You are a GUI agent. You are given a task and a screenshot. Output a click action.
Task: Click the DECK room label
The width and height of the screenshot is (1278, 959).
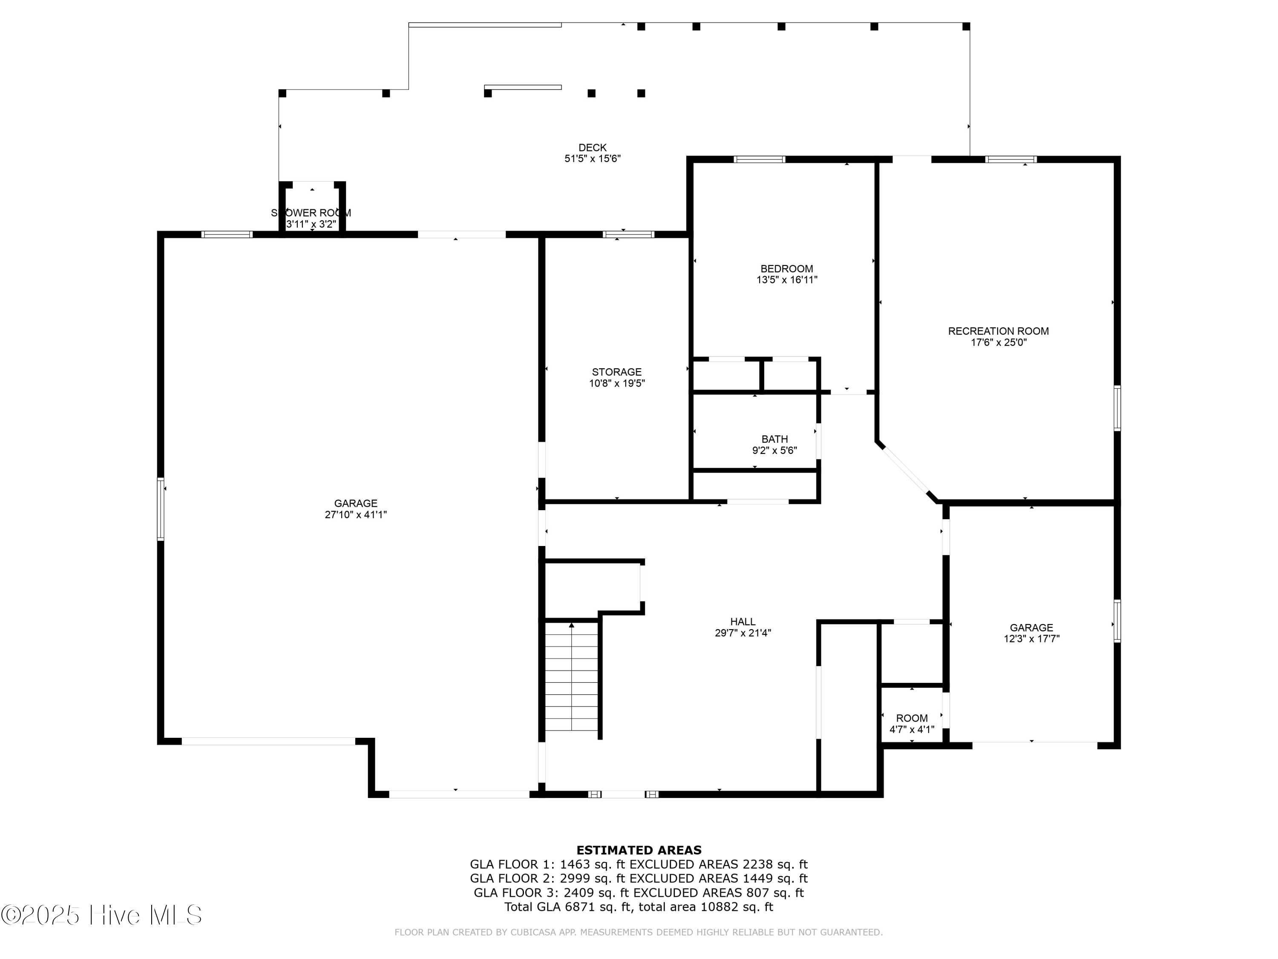click(592, 148)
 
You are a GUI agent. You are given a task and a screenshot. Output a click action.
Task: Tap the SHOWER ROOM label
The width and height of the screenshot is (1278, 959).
click(311, 213)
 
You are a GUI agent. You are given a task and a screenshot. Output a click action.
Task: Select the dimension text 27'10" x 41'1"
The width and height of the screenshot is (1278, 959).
click(355, 514)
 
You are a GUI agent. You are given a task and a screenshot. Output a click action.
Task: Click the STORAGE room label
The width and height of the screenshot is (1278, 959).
click(616, 372)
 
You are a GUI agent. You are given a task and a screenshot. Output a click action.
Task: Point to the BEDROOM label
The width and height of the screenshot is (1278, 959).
click(786, 269)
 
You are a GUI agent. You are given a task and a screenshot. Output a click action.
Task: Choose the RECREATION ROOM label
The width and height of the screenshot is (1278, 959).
click(998, 331)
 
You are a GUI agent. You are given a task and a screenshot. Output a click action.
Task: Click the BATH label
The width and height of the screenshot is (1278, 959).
click(774, 439)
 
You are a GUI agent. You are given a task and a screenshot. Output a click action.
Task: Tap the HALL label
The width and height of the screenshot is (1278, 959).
click(743, 622)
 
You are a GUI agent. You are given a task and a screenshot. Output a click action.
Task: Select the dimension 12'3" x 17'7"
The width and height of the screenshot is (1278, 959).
click(1031, 639)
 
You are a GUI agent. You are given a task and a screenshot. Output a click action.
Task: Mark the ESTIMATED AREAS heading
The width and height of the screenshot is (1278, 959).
click(639, 850)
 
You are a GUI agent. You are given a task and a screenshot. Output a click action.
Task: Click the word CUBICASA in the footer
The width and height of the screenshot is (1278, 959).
click(520, 933)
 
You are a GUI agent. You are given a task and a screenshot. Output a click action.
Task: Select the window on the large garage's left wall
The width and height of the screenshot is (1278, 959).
click(161, 508)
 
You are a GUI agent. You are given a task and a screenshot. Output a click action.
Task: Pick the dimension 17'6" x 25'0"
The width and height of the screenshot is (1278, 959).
click(998, 342)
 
